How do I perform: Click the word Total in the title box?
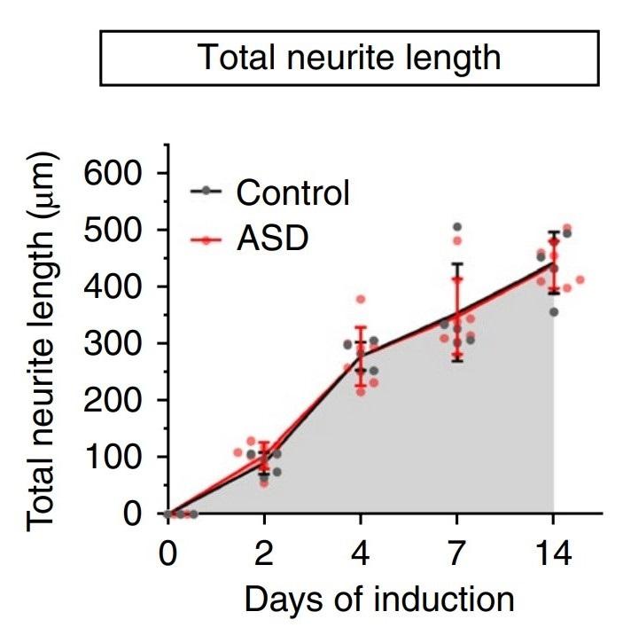point(233,58)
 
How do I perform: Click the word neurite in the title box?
point(336,58)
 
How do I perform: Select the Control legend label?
point(293,192)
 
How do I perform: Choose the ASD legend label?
point(271,238)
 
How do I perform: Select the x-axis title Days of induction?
point(378,600)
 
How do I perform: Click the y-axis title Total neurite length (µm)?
point(44,342)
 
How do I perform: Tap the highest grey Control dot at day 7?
point(457,227)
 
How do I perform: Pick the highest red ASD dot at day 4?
point(361,300)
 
